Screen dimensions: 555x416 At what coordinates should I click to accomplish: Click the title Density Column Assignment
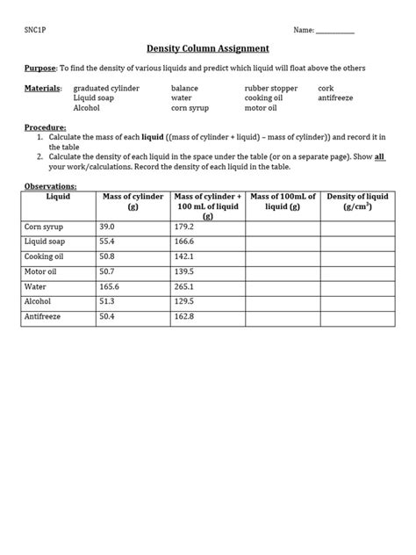pos(207,48)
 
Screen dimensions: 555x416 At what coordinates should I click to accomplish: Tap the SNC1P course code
pos(36,30)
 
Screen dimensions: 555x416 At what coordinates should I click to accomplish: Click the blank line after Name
pos(335,32)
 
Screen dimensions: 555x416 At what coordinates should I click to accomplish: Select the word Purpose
pos(39,68)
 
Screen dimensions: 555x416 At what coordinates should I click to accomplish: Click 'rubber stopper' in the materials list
pos(270,88)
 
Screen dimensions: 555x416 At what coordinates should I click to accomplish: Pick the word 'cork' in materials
pos(326,88)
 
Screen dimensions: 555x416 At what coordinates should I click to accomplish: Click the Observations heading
pos(50,186)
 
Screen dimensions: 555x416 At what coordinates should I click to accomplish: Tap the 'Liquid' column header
pos(58,197)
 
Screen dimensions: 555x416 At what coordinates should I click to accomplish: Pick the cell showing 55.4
pos(109,241)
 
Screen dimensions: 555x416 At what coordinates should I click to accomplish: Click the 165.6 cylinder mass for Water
pos(111,286)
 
